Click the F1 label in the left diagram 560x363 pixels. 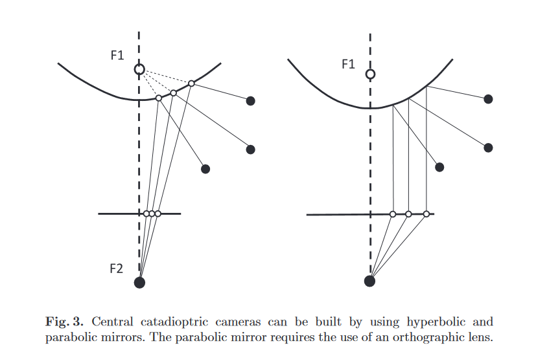click(x=117, y=56)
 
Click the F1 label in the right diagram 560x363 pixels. click(x=348, y=63)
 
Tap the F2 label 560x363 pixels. click(x=115, y=269)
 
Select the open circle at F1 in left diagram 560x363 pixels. click(x=139, y=69)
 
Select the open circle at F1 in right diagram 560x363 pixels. click(x=370, y=74)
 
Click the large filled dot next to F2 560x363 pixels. click(x=139, y=282)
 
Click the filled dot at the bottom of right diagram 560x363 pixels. click(x=369, y=281)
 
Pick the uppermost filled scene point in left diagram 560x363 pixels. click(x=251, y=100)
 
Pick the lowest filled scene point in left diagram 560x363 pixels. click(x=205, y=169)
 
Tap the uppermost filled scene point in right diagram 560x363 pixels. click(x=489, y=99)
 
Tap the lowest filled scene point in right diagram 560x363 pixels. click(x=439, y=167)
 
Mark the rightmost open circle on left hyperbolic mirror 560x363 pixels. click(x=191, y=83)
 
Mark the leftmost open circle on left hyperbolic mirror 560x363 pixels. click(x=158, y=98)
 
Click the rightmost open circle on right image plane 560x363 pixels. click(x=426, y=214)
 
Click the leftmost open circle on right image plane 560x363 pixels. click(x=393, y=214)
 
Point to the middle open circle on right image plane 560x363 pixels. click(x=408, y=214)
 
